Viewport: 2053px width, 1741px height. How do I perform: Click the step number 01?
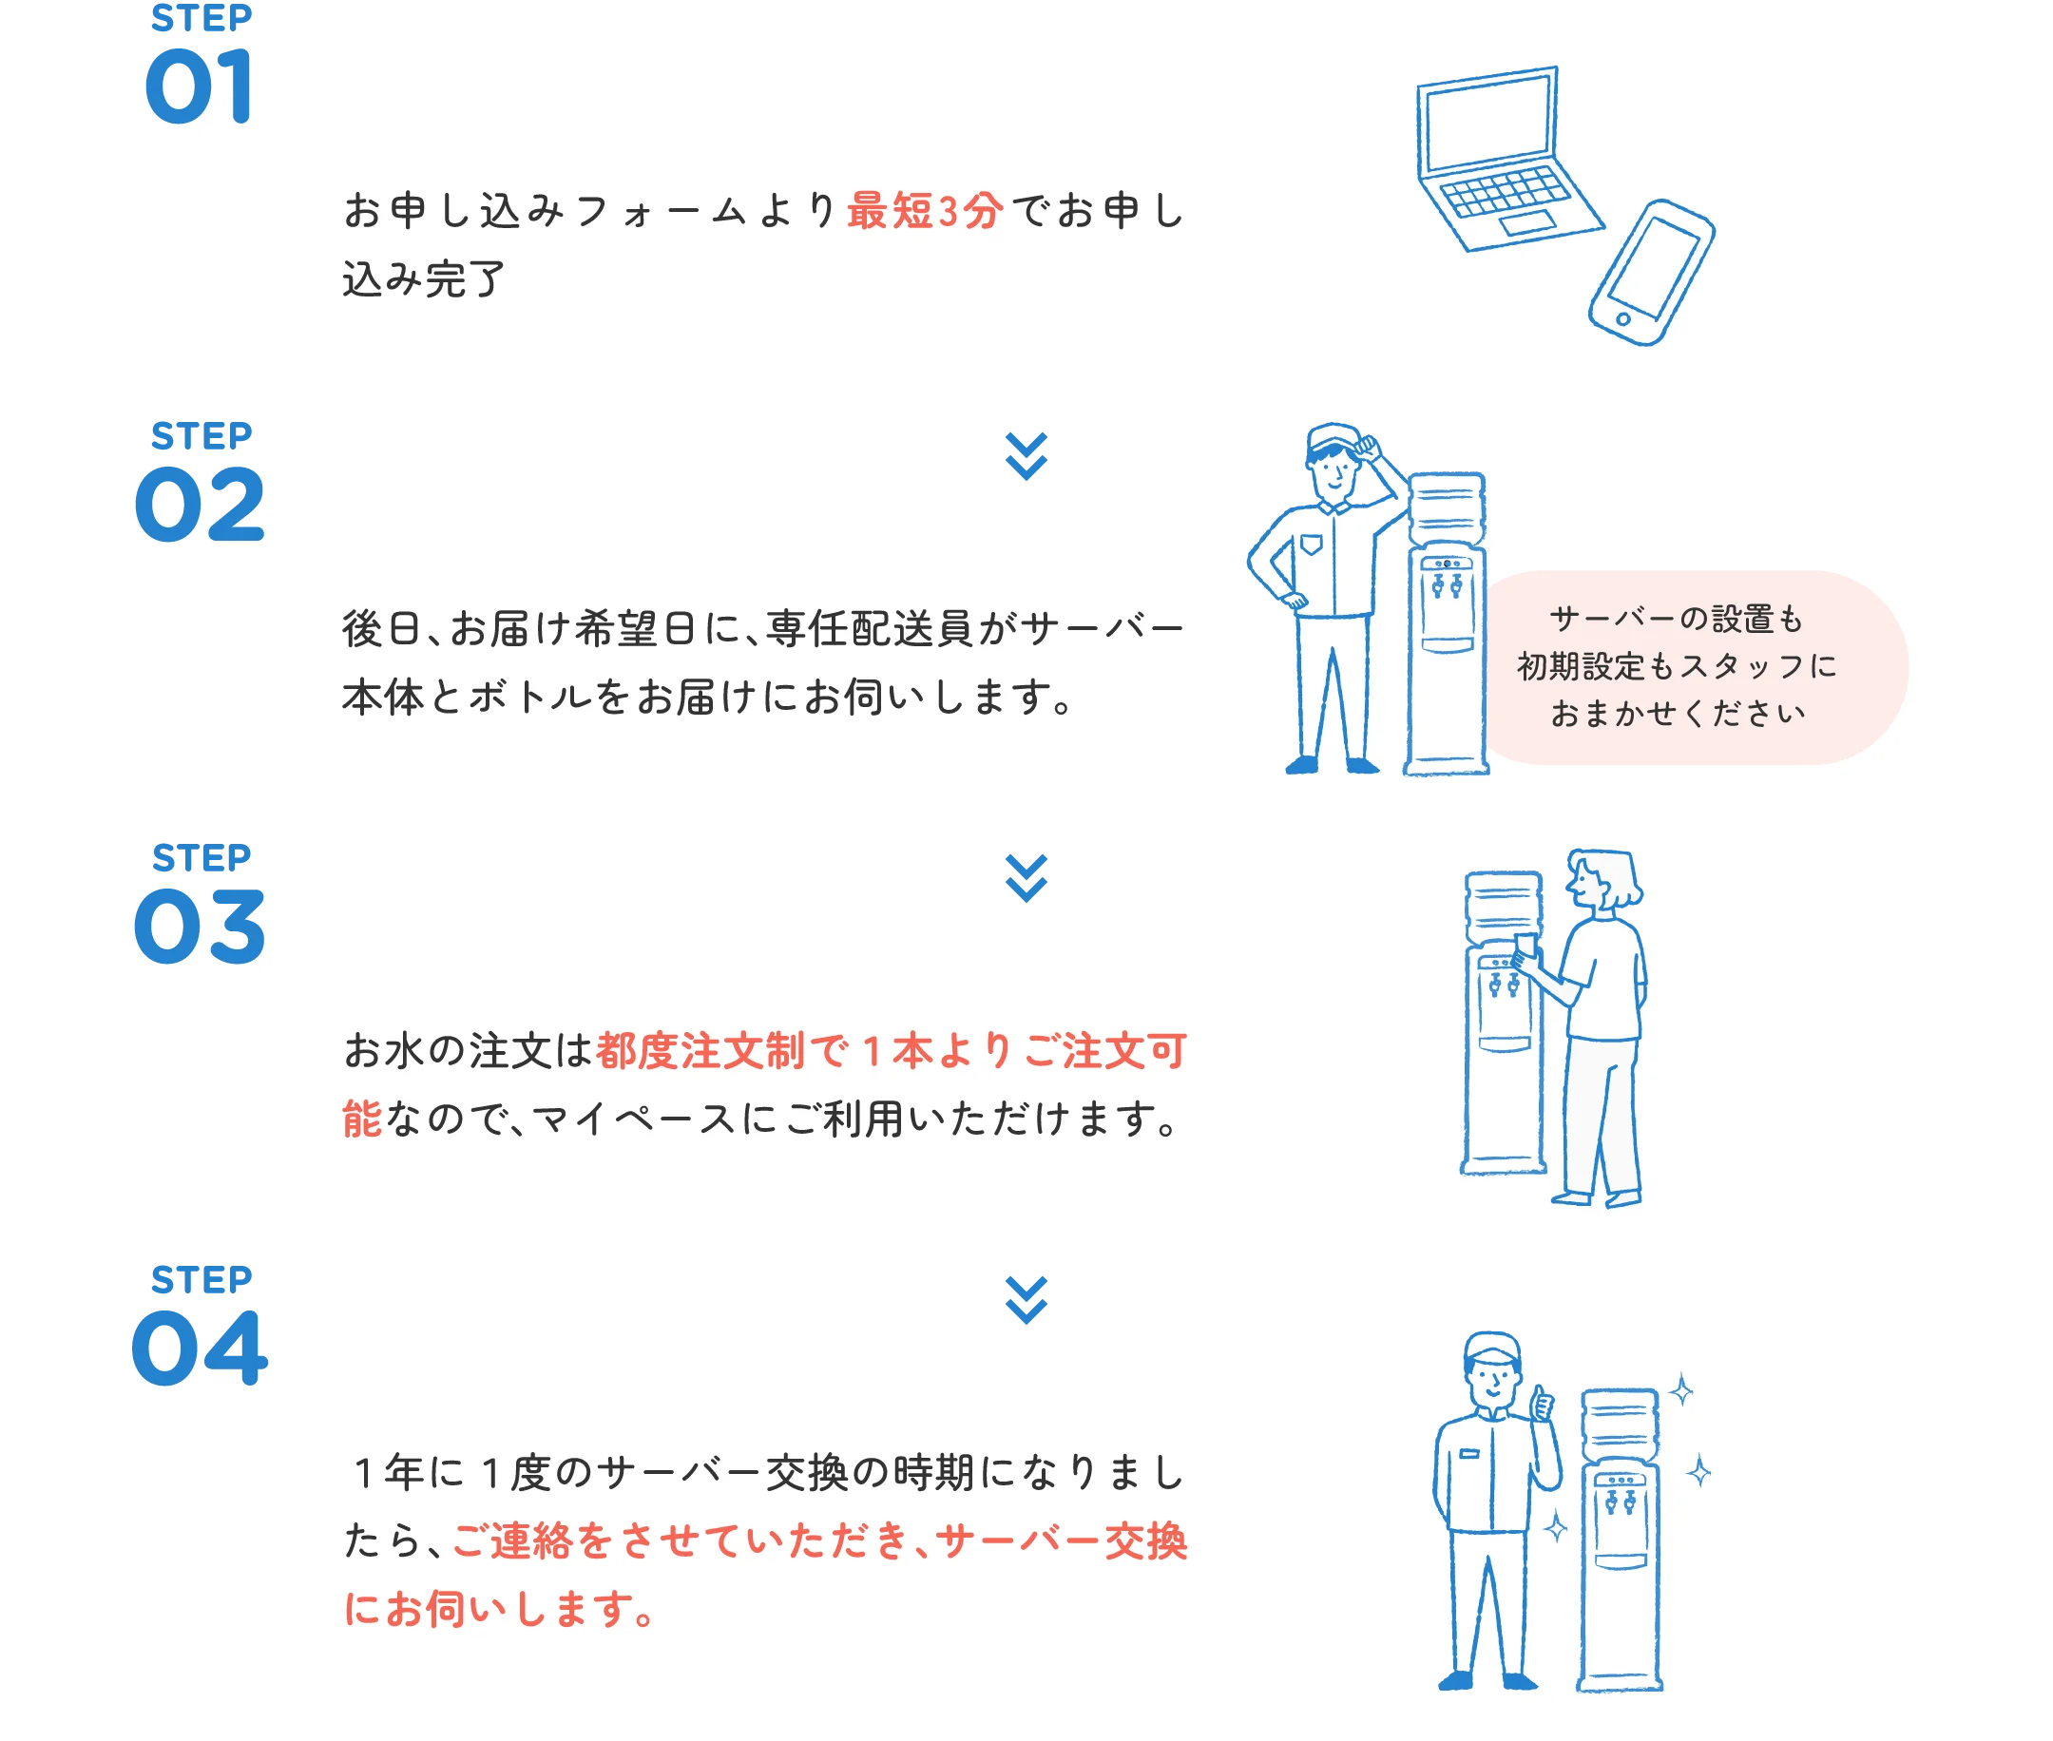click(199, 86)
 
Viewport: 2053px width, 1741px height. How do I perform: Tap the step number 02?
click(199, 506)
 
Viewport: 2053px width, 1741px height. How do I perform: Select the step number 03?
click(199, 926)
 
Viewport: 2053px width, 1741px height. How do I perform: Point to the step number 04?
click(199, 1348)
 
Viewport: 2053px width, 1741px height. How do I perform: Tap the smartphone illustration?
click(1651, 274)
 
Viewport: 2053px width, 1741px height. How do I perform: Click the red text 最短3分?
click(924, 211)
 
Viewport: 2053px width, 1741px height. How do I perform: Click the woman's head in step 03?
click(1601, 880)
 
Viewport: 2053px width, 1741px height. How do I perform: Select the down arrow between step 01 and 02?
click(1026, 455)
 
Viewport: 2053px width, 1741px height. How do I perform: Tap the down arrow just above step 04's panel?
click(1026, 1298)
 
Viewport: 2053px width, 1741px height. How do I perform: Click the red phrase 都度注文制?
click(700, 1051)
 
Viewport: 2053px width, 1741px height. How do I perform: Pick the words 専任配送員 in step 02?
click(869, 630)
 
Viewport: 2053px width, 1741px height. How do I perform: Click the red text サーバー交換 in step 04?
click(1061, 1541)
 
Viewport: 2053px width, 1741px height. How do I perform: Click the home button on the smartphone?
click(1622, 318)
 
